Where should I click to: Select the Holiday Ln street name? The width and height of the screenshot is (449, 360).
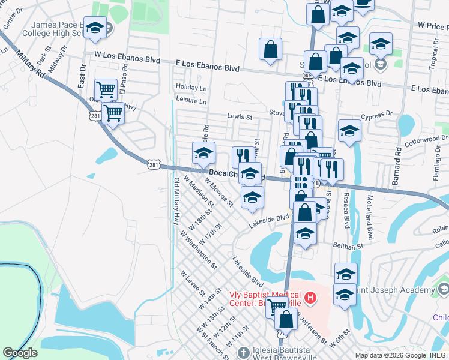click(191, 88)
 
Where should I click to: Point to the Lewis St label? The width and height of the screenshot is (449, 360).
click(239, 116)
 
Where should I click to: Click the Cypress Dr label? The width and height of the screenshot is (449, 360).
click(376, 113)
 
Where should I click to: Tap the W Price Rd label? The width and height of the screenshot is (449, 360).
click(433, 26)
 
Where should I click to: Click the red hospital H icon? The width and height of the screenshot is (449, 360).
click(310, 297)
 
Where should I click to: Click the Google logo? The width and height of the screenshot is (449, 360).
click(19, 352)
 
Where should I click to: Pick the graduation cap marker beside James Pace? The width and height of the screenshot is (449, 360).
click(95, 28)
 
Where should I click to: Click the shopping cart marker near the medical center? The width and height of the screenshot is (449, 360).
click(277, 307)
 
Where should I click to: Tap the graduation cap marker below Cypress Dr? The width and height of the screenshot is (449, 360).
click(349, 131)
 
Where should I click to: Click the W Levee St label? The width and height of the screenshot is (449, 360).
click(193, 284)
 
